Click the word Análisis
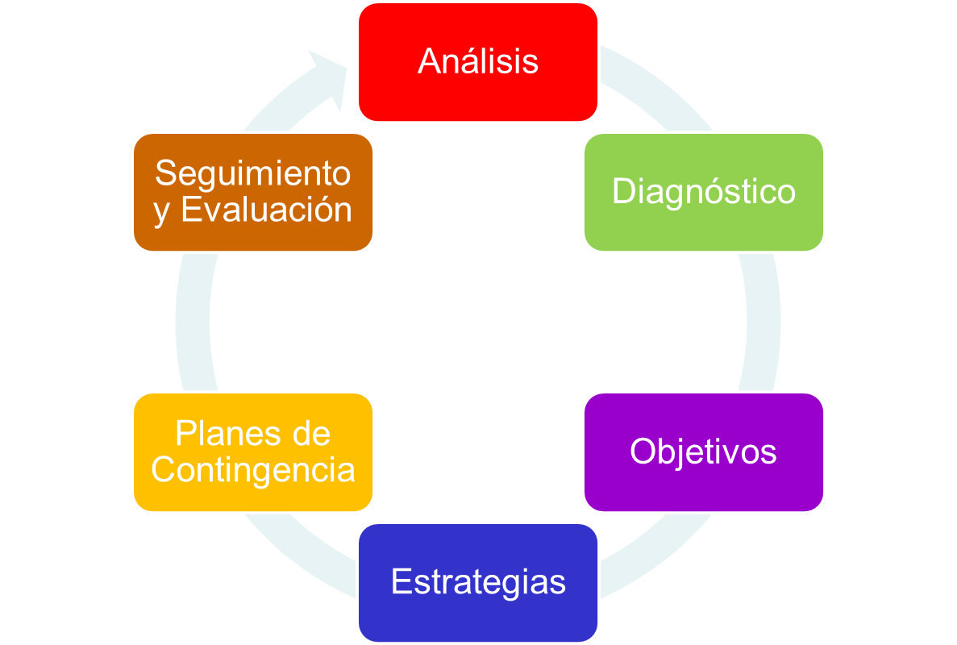477,62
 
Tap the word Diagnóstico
703,192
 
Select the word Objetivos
703,451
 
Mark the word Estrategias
477,582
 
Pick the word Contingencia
252,470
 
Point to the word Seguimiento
252,173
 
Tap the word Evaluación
266,210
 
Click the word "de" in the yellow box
311,435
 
